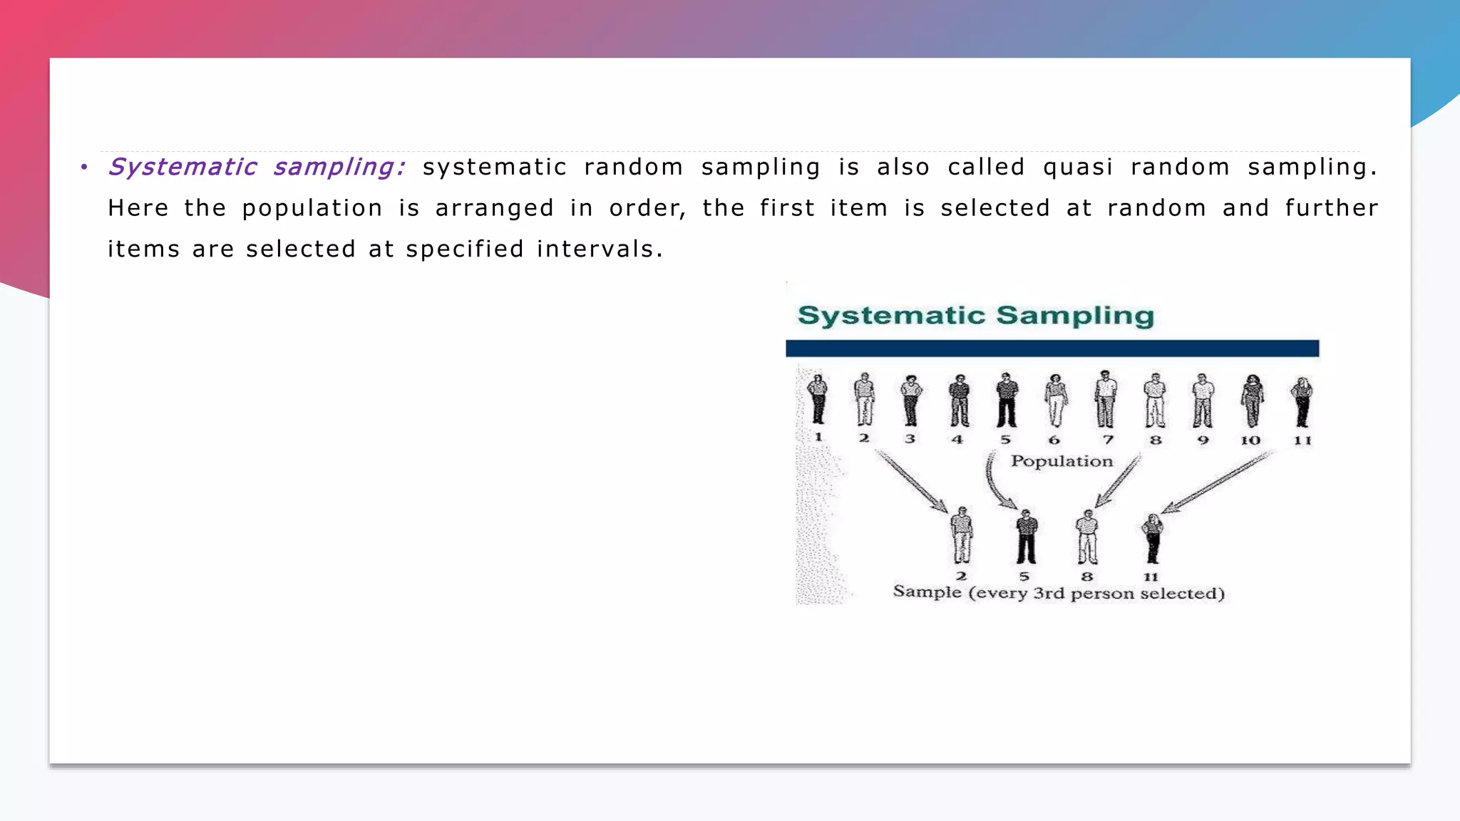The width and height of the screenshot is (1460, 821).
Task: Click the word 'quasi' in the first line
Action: coord(1077,167)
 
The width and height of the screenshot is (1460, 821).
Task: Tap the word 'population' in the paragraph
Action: coord(312,209)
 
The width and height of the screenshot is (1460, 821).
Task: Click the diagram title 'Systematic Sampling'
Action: coord(975,316)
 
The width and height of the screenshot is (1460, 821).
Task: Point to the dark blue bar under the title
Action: coord(1052,348)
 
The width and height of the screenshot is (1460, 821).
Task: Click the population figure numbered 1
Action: coord(818,400)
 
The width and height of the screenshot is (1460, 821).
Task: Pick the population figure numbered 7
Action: coord(1106,398)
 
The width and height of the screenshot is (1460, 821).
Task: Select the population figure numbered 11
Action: coord(1302,401)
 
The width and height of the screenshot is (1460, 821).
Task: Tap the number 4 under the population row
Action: coord(957,440)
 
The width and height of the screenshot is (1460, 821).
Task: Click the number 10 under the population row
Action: coord(1250,440)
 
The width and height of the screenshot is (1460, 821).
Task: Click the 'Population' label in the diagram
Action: coord(1061,461)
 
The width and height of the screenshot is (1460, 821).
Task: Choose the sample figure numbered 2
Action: coord(962,536)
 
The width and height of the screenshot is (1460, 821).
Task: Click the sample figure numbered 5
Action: coord(1027,537)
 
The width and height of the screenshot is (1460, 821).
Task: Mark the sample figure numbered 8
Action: coord(1087,537)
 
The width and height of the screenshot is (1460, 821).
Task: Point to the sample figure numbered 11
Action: coord(1152,538)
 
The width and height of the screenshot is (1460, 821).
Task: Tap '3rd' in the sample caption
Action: coord(1049,594)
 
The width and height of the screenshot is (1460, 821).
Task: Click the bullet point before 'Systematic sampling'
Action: coord(84,167)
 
